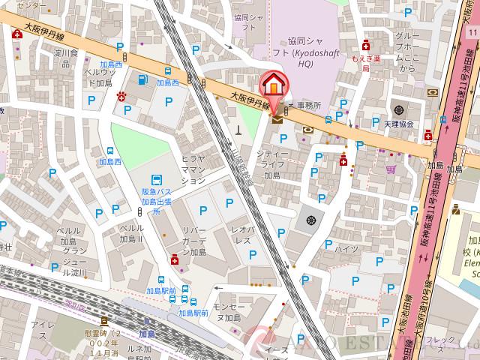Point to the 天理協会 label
(398, 123)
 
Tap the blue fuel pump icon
(142, 80)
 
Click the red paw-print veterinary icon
(121, 96)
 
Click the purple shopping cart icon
(391, 169)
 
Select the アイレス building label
(44, 331)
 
